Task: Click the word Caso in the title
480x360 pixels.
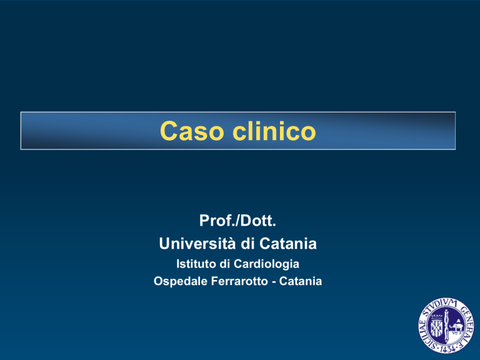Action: pos(192,131)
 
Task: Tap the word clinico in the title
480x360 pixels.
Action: pos(274,131)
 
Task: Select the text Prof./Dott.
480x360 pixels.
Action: pos(237,221)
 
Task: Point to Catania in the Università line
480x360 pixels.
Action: pos(287,244)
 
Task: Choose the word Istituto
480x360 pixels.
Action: pos(196,264)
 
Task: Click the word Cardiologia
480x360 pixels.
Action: pos(266,264)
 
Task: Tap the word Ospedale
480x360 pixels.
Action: pos(181,281)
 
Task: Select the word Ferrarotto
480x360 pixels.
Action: pos(239,281)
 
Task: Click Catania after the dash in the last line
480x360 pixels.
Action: pos(300,281)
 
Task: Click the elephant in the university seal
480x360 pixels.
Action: pos(457,327)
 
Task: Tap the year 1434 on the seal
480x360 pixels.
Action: pos(447,349)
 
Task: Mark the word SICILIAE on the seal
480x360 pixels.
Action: pos(427,334)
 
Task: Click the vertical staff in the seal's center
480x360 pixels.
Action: pos(447,326)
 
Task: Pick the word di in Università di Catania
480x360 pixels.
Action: pos(246,244)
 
